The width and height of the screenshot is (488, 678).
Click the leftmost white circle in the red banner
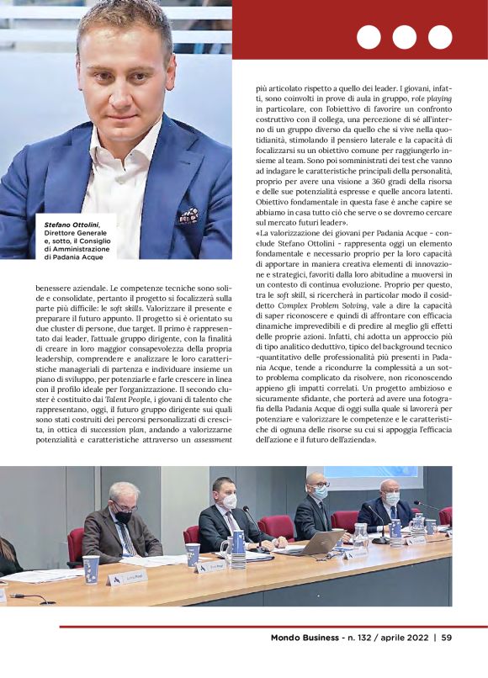click(x=369, y=37)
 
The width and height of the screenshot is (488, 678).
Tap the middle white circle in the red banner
click(x=404, y=37)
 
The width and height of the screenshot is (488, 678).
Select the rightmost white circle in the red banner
click(x=440, y=37)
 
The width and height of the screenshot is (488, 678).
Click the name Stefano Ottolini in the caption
click(x=71, y=225)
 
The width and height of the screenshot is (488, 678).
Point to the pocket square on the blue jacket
click(x=187, y=215)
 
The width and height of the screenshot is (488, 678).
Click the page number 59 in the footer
click(x=447, y=637)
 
